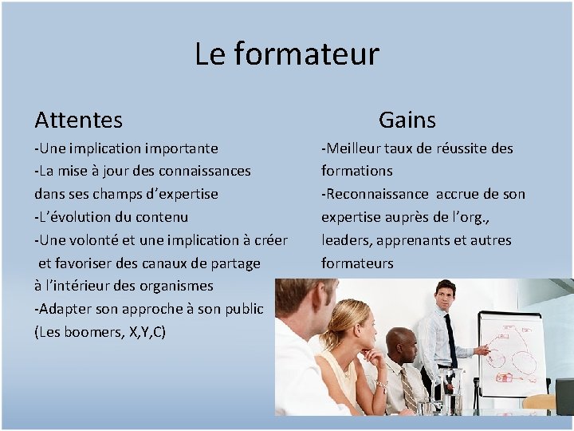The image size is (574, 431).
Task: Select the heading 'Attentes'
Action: [78, 120]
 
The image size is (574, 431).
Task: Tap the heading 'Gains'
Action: [407, 120]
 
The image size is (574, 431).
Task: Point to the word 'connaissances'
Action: [206, 171]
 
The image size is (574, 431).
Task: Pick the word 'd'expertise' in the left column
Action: [179, 194]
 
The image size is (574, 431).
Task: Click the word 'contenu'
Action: [163, 217]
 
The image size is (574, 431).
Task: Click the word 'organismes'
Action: [173, 286]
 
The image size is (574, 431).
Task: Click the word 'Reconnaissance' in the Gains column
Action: [375, 194]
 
